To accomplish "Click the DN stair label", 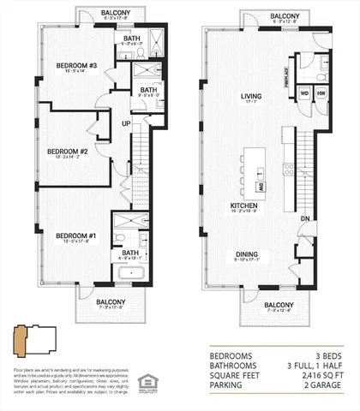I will [305, 218].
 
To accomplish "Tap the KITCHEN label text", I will [246, 205].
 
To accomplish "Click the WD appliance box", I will [304, 92].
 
